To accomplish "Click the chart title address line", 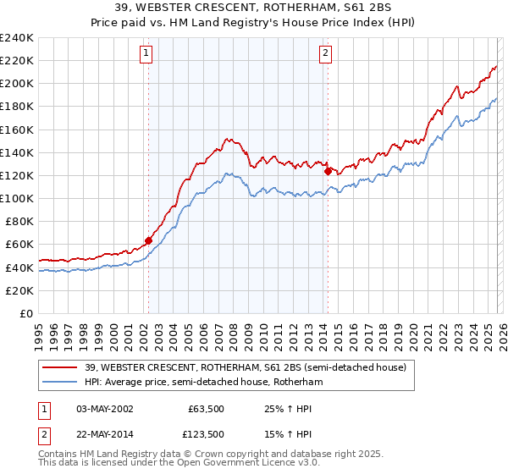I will (254, 8).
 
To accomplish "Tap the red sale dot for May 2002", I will (148, 240).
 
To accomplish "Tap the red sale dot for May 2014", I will (328, 171).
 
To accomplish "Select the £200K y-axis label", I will (17, 84).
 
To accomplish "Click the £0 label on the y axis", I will (25, 313).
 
